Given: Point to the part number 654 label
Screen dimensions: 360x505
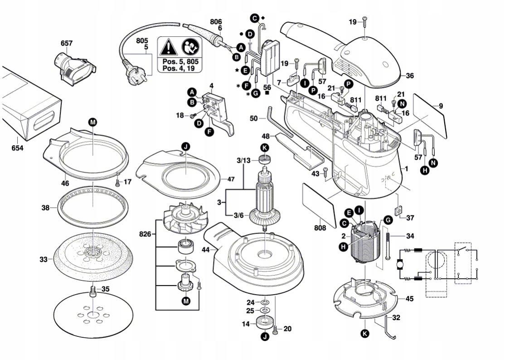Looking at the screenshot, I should pos(18,148).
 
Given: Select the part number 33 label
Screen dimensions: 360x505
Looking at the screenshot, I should pos(43,260).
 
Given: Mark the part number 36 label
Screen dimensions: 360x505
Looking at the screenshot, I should pos(409,76).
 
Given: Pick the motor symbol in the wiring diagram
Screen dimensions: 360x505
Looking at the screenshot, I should pos(399,264).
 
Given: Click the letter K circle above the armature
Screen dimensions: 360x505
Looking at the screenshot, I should pos(264,147).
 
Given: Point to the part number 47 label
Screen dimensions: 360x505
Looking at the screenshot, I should pos(231,179).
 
